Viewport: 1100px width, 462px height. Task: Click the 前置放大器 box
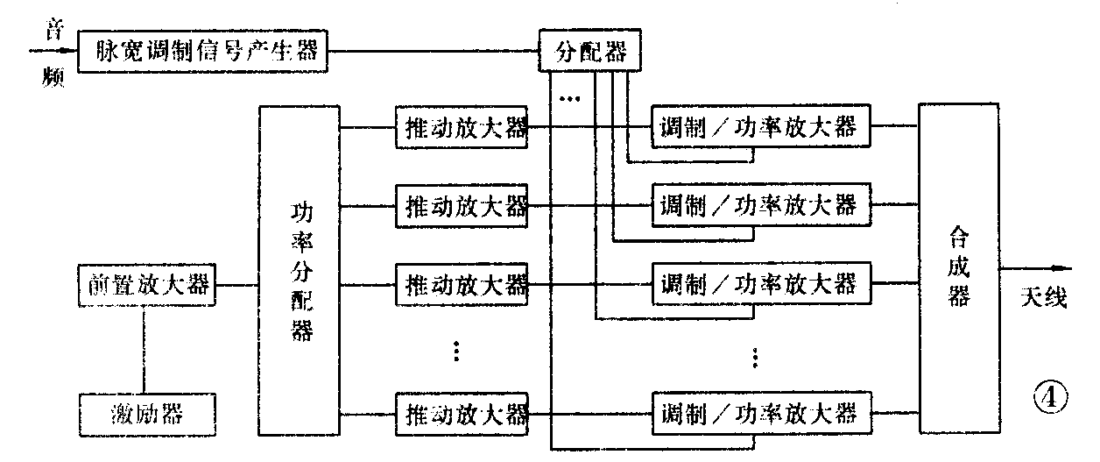145,285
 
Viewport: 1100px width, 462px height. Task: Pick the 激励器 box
145,412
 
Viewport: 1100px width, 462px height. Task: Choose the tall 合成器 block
958,267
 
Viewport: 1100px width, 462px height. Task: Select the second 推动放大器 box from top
462,207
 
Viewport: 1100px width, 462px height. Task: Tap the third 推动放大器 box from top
462,284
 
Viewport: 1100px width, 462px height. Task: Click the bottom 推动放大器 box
462,411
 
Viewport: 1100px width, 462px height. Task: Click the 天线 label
1043,298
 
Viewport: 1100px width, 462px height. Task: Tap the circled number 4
1050,399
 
